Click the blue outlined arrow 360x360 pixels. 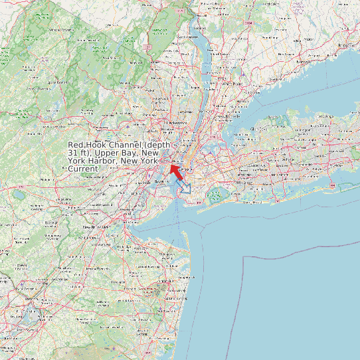(184, 187)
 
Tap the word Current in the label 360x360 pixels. (83, 169)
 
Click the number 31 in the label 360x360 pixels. (73, 153)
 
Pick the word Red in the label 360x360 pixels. (76, 145)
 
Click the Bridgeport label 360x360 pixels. (346, 45)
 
